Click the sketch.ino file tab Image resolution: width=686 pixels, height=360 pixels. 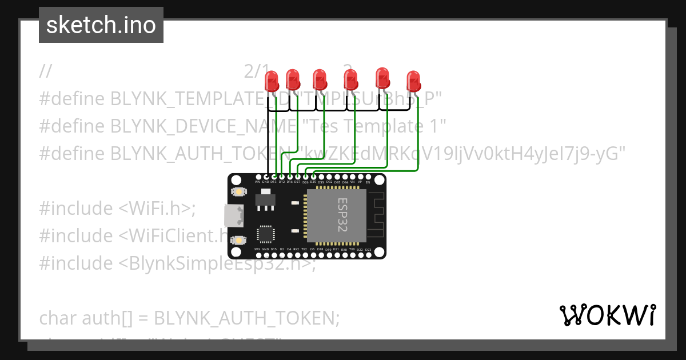click(101, 25)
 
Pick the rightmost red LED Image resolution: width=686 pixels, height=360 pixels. click(413, 80)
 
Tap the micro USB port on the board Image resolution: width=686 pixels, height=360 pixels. click(234, 215)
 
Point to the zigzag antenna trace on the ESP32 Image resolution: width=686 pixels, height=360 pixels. click(375, 215)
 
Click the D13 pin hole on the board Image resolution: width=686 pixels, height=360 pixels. click(273, 177)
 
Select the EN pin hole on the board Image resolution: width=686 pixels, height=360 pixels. click(368, 177)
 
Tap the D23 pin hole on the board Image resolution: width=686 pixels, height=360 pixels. click(368, 254)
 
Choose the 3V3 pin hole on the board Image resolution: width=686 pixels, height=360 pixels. click(257, 254)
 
